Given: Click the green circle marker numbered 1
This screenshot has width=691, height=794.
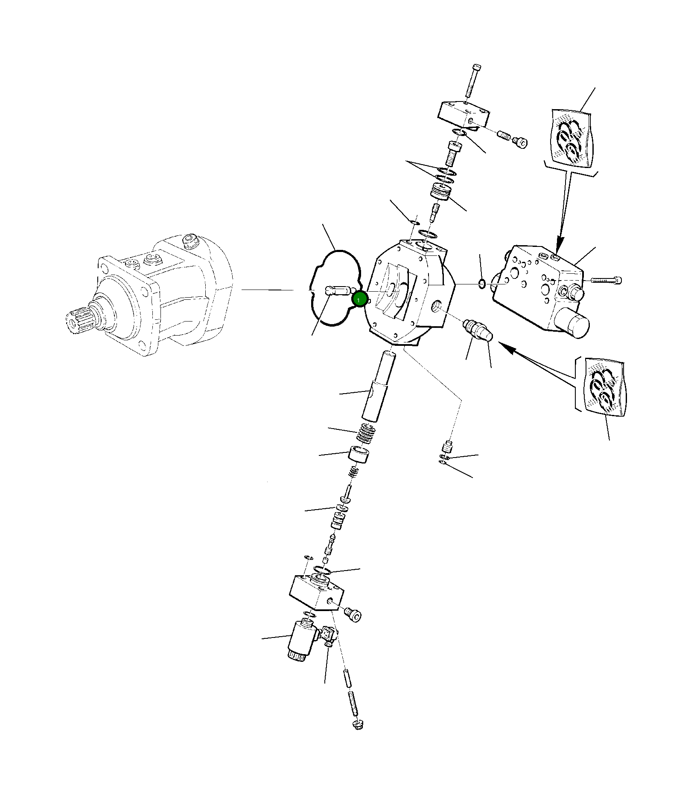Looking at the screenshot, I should point(359,300).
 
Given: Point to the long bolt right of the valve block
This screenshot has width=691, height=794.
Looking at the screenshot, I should point(606,280).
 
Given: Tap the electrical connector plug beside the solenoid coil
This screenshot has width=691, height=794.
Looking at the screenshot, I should point(329,634).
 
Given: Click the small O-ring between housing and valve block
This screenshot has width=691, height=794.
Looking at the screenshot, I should point(481,284).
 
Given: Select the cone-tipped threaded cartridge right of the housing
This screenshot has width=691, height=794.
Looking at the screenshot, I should point(478,330).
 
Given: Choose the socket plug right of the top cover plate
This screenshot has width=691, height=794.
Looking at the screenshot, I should point(521,142).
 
